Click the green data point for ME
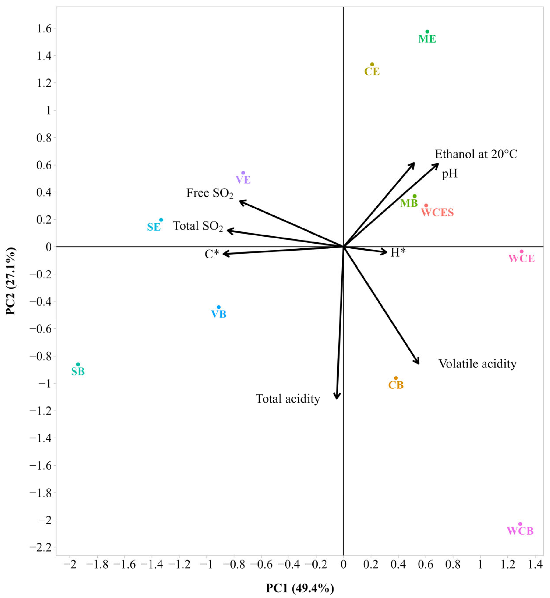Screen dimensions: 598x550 427,32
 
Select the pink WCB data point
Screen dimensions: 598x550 520,524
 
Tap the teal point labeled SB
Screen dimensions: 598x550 78,364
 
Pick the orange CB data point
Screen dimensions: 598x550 396,378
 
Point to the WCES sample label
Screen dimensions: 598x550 437,213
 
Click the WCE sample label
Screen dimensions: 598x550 522,258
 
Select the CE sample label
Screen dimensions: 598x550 372,72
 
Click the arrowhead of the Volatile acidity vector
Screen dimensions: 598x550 419,363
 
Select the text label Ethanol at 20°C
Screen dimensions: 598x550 476,154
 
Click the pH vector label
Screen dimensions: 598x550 449,174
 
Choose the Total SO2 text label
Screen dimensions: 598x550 198,226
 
